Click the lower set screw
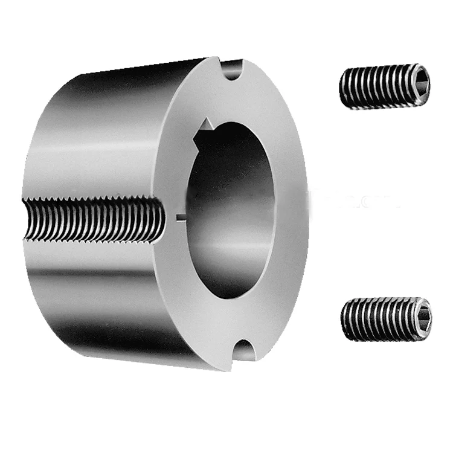[x=385, y=318]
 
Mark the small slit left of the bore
[x=179, y=216]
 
